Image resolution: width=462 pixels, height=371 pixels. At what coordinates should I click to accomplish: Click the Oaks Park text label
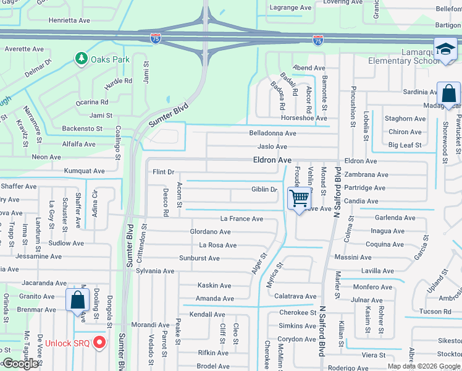[110, 59]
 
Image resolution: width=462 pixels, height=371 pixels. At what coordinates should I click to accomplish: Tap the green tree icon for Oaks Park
[81, 59]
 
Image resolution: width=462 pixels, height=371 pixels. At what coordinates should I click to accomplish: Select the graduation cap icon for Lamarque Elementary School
[445, 49]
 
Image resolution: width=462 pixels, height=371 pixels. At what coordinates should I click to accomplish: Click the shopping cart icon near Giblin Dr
[299, 199]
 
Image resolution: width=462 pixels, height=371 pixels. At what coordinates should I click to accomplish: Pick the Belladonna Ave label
[272, 133]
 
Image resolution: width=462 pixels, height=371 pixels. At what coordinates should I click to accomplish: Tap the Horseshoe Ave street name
[303, 118]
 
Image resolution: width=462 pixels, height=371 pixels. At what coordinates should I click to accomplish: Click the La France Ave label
[241, 219]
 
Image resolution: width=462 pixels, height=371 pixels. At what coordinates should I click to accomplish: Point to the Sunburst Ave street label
[199, 258]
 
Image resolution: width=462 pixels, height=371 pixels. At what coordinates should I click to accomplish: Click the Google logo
[20, 364]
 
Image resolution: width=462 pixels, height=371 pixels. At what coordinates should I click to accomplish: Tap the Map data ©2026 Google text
[424, 366]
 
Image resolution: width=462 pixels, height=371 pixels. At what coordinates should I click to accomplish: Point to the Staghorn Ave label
[405, 119]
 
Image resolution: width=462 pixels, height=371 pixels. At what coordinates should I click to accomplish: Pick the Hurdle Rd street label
[118, 81]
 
